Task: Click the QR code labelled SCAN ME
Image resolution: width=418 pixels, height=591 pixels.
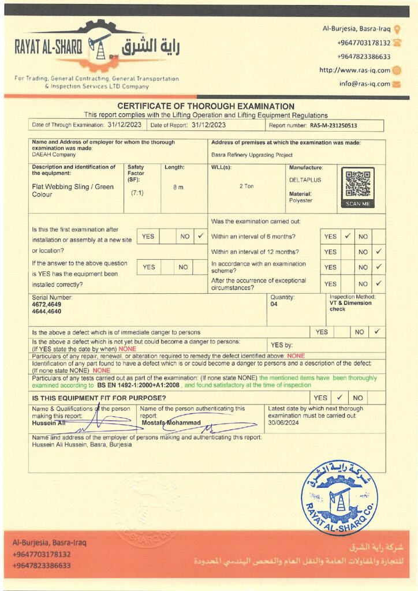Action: pyautogui.click(x=357, y=185)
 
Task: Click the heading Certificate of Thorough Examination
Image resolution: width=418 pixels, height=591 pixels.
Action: pyautogui.click(x=206, y=106)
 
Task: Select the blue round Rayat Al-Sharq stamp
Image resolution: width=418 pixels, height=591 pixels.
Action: pyautogui.click(x=339, y=498)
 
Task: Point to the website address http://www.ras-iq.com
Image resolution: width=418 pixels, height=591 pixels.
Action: pyautogui.click(x=354, y=70)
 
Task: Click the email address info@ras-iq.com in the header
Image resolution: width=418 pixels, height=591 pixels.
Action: pyautogui.click(x=364, y=84)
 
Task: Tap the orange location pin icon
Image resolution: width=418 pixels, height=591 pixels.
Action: pyautogui.click(x=398, y=29)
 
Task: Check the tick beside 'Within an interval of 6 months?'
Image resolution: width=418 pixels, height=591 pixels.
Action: pyautogui.click(x=348, y=236)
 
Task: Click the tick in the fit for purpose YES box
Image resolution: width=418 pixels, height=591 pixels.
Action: pyautogui.click(x=339, y=398)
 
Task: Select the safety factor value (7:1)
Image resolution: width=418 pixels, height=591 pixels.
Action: pyautogui.click(x=137, y=193)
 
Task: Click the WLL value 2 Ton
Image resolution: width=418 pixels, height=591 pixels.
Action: pyautogui.click(x=247, y=186)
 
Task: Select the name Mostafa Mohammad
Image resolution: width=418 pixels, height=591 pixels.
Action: pyautogui.click(x=171, y=422)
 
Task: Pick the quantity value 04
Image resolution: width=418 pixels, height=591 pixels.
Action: pyautogui.click(x=274, y=304)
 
